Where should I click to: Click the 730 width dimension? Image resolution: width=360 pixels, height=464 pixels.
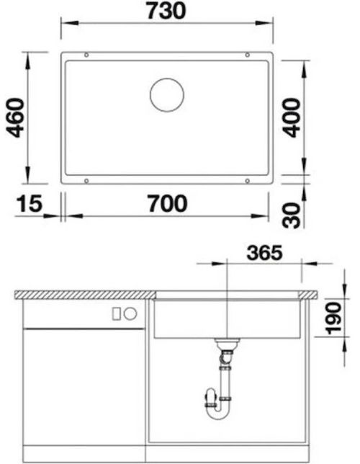coord(166,10)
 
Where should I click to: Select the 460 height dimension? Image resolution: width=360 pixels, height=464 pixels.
coord(15,117)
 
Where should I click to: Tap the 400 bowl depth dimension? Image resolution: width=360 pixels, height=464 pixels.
coord(292,117)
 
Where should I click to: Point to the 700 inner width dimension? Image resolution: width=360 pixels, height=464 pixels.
coord(168,203)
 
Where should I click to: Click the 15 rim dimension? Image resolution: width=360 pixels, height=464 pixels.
coord(30,204)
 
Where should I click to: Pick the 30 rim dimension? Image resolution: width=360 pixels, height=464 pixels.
coord(292,215)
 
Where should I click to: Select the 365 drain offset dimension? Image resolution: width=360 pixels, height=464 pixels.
coord(265,253)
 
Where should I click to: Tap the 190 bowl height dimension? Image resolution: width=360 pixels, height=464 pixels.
coord(333,318)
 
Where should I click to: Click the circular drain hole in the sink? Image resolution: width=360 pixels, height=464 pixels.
coord(167,95)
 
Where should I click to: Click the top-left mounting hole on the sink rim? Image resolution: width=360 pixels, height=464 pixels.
coord(86,55)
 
